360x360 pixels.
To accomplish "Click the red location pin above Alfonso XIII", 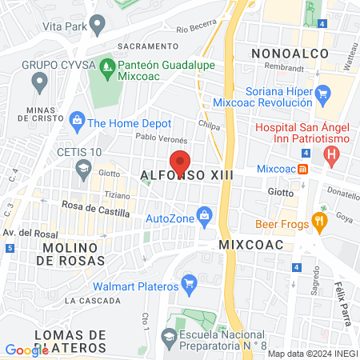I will coord(181,160).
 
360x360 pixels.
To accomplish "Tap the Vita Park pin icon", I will coord(97,26).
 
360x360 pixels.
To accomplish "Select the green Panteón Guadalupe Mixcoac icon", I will coord(106,64).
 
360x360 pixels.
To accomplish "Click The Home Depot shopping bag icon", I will coord(77,122).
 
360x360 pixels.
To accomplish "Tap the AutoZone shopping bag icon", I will coord(205,216).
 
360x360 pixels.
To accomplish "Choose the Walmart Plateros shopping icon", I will coord(190,284).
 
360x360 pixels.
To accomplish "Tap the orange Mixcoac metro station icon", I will coord(303,169).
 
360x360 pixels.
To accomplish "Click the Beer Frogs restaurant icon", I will coord(320,223).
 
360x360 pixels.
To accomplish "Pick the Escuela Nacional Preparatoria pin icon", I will coord(170,336).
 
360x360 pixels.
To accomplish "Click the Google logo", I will coord(26,350).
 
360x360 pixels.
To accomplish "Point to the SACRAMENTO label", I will coord(146,46).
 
